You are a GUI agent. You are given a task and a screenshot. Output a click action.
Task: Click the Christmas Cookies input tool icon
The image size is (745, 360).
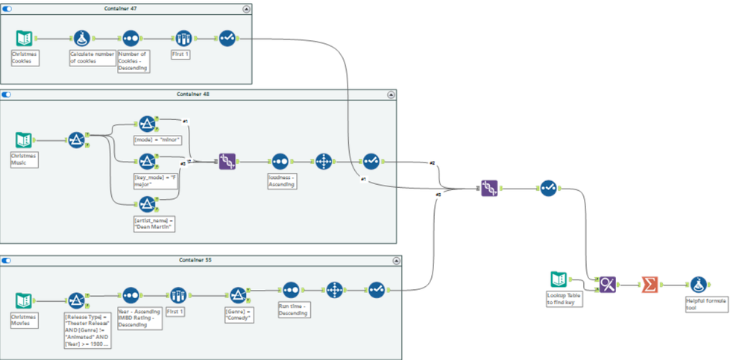tap(24, 39)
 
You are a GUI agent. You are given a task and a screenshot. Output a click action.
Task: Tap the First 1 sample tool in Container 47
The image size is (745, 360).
tap(183, 39)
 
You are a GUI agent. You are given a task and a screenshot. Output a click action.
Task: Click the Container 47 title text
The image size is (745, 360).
tap(125, 8)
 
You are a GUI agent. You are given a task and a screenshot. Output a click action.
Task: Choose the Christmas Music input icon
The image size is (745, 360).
tap(24, 139)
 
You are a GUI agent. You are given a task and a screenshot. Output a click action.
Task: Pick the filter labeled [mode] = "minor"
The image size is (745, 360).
tap(147, 123)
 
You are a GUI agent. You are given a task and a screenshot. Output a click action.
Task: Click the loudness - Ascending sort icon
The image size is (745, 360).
tap(280, 161)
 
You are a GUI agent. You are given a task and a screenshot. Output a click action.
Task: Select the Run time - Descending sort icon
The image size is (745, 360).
tap(290, 288)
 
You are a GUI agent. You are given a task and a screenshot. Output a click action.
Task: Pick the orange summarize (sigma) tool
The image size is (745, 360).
tap(650, 284)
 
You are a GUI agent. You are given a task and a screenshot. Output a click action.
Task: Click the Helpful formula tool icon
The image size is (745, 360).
tap(698, 284)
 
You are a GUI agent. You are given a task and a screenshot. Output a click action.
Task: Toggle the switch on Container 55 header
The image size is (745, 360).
tap(7, 260)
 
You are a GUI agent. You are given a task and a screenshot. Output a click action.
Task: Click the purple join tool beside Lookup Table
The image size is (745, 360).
tap(609, 284)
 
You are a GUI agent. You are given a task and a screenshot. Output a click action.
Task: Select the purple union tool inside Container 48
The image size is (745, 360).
tap(227, 161)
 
